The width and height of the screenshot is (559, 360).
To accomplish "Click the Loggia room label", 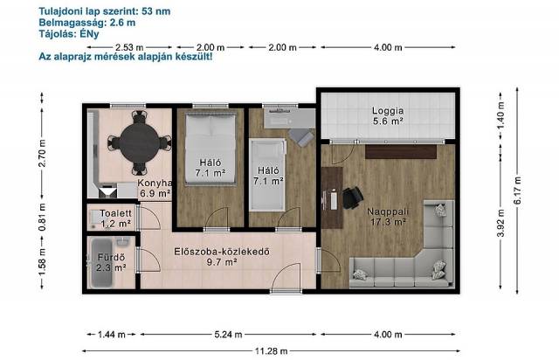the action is point(388,116).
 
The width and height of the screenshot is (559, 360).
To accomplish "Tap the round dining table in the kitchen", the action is point(140,143).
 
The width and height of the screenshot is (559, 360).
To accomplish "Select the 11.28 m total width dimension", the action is point(271,351).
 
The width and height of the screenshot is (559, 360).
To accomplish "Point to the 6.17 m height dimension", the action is point(517,190).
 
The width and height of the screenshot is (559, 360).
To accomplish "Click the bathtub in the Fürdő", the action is point(102,263).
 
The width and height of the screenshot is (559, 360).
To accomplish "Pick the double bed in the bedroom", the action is point(210,149).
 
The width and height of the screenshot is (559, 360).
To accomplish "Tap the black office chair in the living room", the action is point(352,197).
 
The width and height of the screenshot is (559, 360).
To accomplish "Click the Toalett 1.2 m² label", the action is point(115,218).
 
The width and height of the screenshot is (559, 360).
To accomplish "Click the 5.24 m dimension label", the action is point(228,335).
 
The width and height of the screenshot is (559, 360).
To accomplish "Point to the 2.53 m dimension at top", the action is point(129,47).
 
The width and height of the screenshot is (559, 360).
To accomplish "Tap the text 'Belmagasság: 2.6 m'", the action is point(87,23).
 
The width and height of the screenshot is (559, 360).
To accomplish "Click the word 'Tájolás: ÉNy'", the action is point(69,34).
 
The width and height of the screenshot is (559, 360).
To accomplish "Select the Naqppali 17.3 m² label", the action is point(388,217).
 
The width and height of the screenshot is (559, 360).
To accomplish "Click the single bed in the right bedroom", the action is point(268,175).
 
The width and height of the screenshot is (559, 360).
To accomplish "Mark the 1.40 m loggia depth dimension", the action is point(500,116).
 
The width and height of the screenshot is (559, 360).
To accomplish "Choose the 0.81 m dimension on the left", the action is point(42,217).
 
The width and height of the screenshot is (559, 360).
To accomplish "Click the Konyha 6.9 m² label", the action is point(155,189).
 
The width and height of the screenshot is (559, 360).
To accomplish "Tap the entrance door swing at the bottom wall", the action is point(286,277).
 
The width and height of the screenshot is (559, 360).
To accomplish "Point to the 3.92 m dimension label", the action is point(500,223).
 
